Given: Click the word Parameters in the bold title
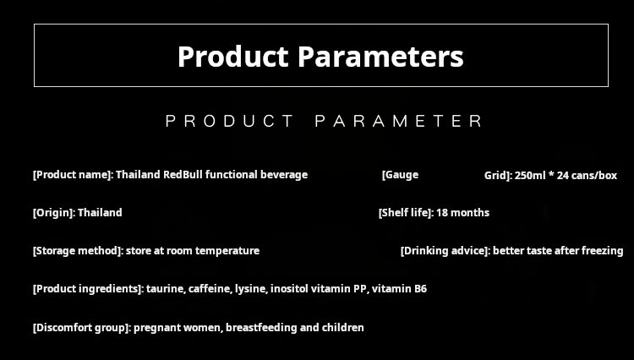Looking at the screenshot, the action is point(380,56).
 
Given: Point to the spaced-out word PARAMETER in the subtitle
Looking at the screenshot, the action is point(399,121).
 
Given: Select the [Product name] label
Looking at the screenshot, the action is point(73,175).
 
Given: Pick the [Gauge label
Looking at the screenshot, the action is point(401,175).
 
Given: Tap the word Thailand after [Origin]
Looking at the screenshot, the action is point(100,212).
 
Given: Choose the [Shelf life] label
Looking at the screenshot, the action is point(406,213).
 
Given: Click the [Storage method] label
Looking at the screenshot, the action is point(78,251).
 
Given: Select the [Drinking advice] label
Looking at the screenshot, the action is point(445,251).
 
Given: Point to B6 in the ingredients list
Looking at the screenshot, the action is point(420,289).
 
